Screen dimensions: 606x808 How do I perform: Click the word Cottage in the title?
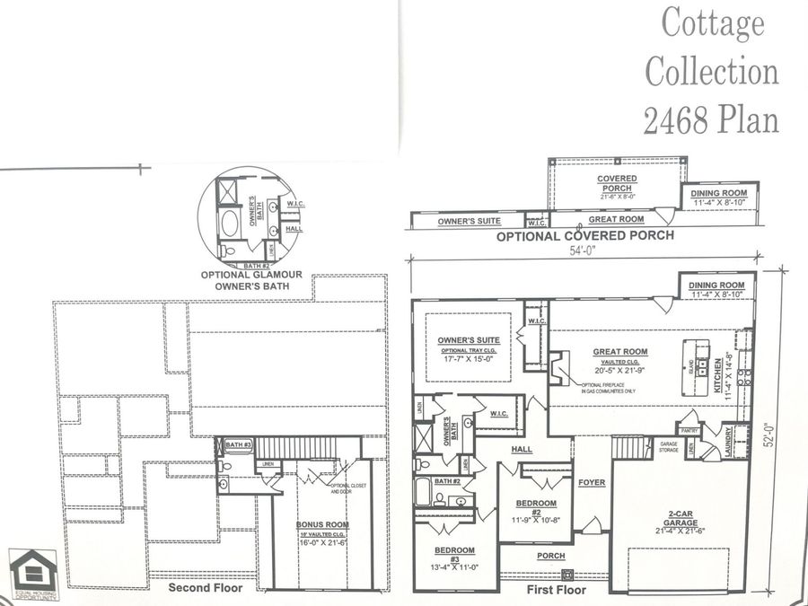click(714, 23)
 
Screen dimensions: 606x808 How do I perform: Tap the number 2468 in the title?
click(677, 119)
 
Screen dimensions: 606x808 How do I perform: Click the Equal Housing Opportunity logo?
click(24, 574)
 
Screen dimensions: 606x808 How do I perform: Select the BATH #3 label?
click(237, 444)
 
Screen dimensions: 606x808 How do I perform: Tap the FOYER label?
click(592, 483)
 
